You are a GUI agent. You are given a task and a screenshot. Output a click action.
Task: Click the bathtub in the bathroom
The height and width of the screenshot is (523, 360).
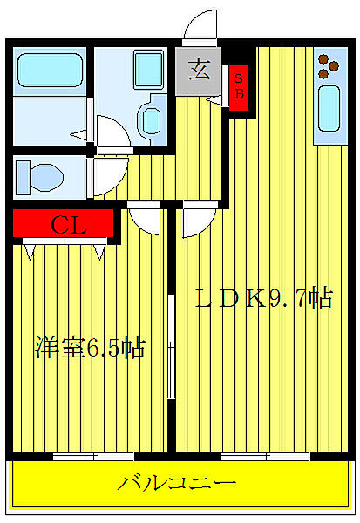[x=48, y=69]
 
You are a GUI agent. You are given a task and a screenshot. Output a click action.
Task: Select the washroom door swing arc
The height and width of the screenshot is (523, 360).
[x=111, y=132]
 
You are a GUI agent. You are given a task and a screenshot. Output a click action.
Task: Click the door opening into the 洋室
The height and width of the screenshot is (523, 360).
[x=143, y=218]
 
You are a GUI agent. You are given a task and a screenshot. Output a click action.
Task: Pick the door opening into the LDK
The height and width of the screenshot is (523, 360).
[x=196, y=219]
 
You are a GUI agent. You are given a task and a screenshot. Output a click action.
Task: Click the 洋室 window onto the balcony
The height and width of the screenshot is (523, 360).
[x=93, y=456]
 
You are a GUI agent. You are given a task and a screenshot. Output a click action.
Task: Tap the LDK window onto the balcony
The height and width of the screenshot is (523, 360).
[x=265, y=456]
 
